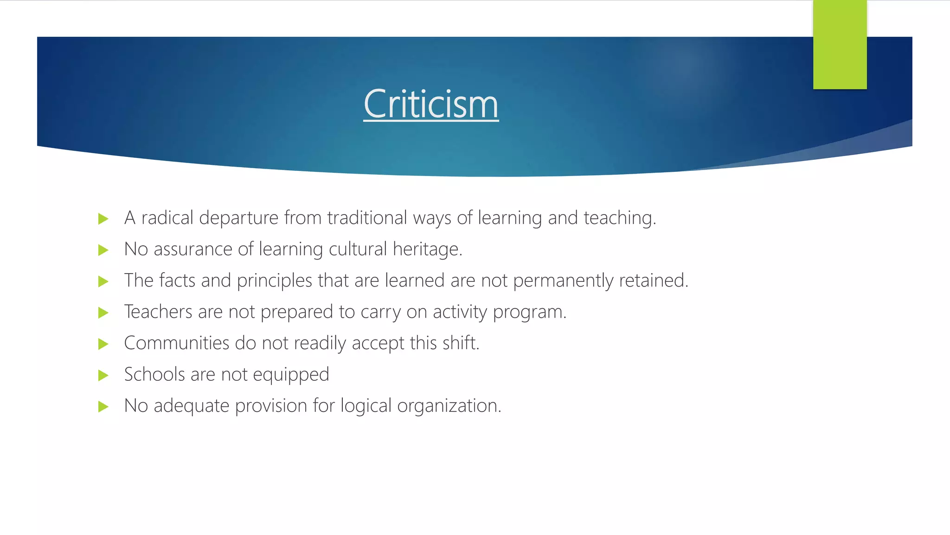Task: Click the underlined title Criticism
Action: click(x=431, y=104)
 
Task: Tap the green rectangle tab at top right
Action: click(x=840, y=45)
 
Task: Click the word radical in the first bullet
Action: click(x=167, y=218)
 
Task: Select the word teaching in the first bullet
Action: click(x=619, y=218)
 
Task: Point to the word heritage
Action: click(x=427, y=249)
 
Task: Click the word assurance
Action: click(x=193, y=249)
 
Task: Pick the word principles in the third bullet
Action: click(x=274, y=281)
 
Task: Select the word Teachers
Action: click(x=158, y=312)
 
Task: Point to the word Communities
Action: click(x=176, y=343)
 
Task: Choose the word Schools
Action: click(x=154, y=374)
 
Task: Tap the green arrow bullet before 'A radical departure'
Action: click(x=103, y=219)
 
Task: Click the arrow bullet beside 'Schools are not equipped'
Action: click(x=103, y=375)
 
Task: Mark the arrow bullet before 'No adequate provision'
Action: click(x=103, y=407)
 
